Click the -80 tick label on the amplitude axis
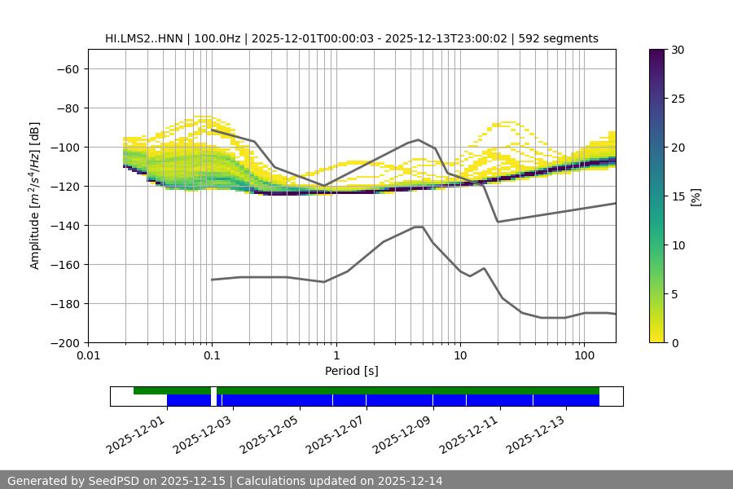(x=66, y=108)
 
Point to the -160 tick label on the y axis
(x=64, y=265)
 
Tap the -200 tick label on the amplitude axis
(x=64, y=343)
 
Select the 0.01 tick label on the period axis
(x=88, y=356)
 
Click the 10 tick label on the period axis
(x=460, y=356)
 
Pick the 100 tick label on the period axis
(x=584, y=356)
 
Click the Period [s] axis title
(x=352, y=371)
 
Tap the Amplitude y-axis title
(x=35, y=196)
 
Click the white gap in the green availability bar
(x=213, y=390)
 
